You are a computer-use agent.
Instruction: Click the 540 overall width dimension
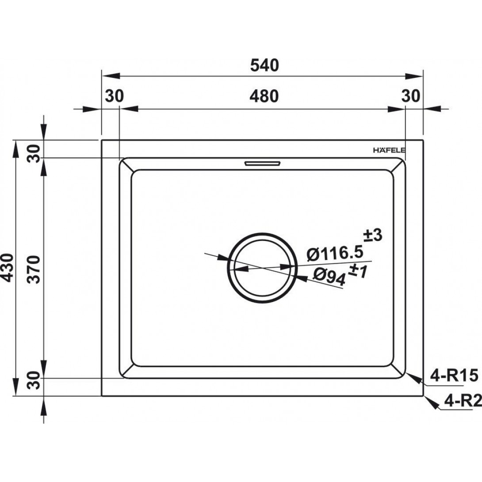coord(264,65)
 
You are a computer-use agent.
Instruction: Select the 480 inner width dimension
coord(264,96)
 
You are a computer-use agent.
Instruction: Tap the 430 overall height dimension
coord(8,268)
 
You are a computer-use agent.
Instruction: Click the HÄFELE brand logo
coord(389,150)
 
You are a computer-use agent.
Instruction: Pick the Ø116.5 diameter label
coord(335,254)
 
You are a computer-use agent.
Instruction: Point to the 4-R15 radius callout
coord(454,375)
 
